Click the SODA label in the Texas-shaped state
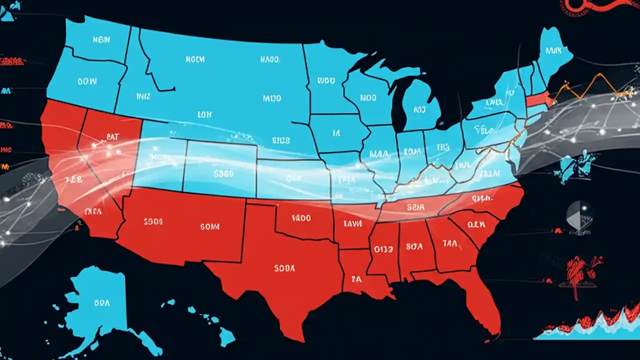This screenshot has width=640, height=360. point(285,268)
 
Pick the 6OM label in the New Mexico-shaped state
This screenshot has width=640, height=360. point(209,226)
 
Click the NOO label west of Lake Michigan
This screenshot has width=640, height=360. point(368,98)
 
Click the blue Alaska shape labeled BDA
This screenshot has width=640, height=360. point(100,302)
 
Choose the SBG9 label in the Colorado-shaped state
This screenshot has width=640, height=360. point(223,174)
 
